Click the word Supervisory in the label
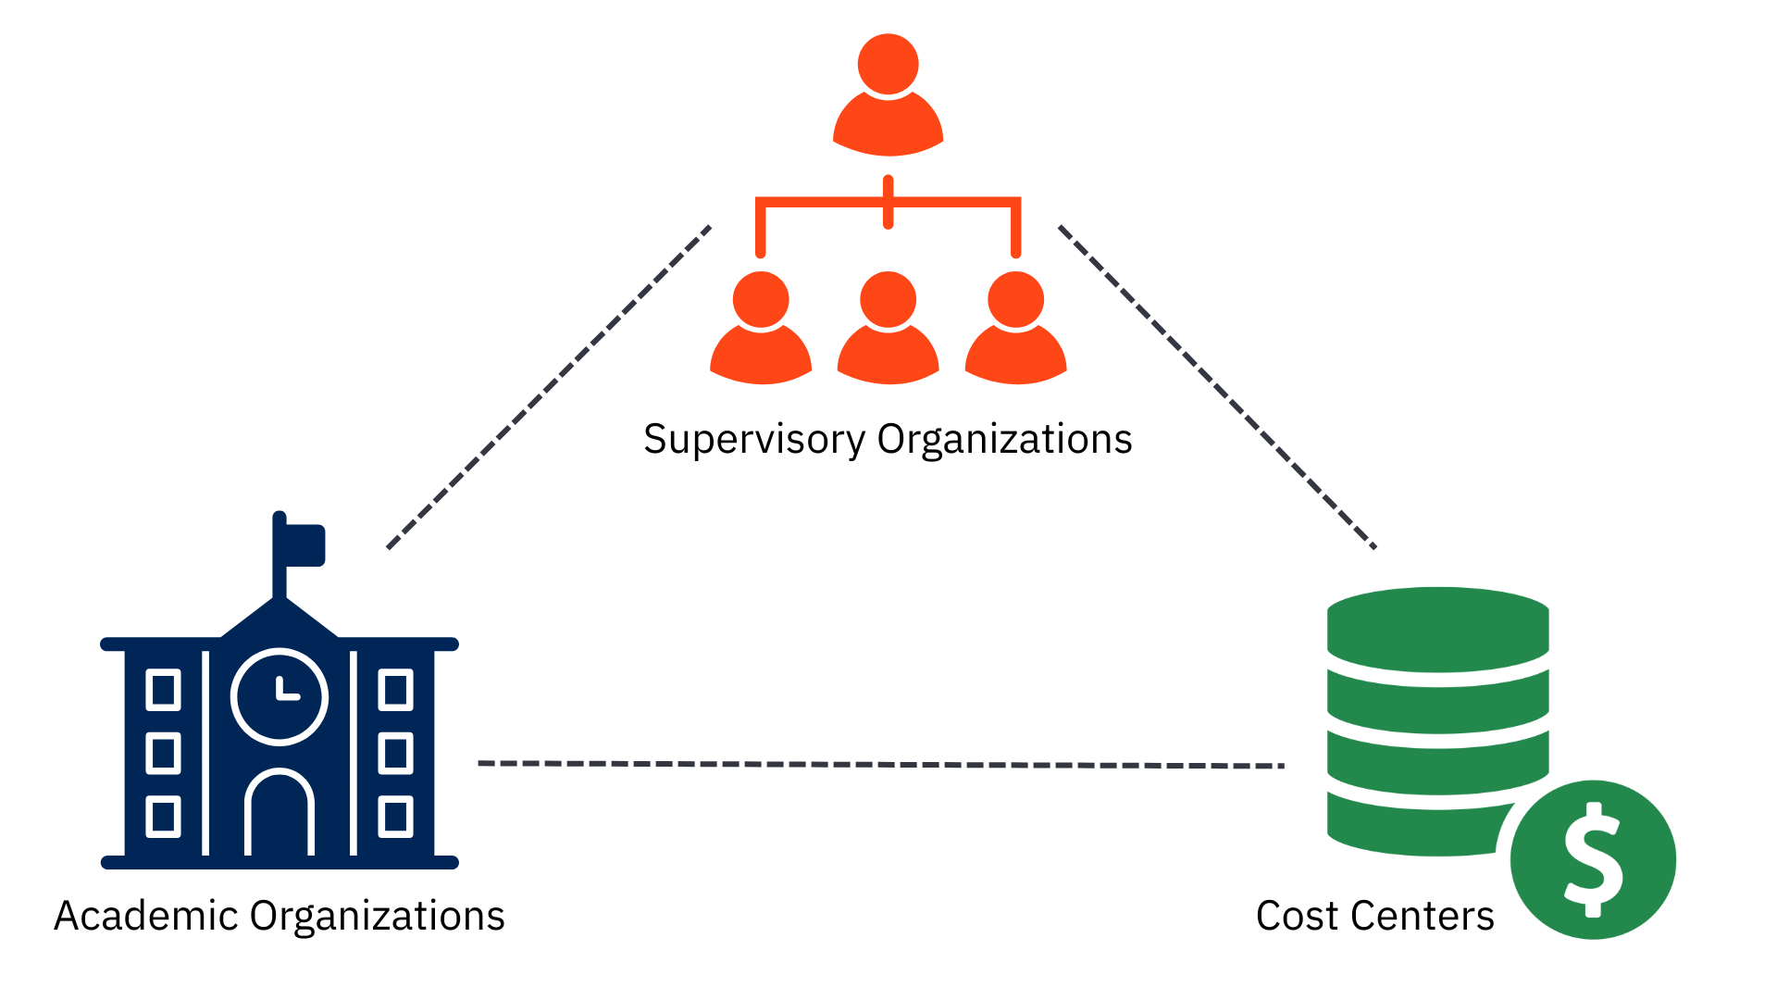[x=754, y=440]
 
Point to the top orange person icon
[x=888, y=97]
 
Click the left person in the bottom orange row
[x=761, y=329]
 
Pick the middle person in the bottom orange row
[x=888, y=329]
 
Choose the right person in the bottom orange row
[x=1015, y=329]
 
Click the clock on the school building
[x=280, y=696]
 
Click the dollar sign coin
[x=1593, y=859]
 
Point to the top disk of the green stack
[x=1437, y=628]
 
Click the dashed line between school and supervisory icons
[x=549, y=386]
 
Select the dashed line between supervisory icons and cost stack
[x=1217, y=386]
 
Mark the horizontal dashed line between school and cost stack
[x=880, y=765]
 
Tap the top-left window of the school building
[x=164, y=691]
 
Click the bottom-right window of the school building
[x=395, y=817]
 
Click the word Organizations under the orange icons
[x=1004, y=440]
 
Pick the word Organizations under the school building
[x=377, y=916]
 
